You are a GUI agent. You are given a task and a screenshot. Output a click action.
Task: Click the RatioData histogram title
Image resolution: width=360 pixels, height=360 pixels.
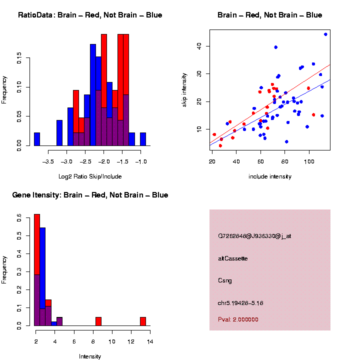pyautogui.click(x=90, y=15)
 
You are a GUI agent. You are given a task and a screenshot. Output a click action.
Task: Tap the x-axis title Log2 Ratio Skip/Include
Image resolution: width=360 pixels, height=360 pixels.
pyautogui.click(x=90, y=176)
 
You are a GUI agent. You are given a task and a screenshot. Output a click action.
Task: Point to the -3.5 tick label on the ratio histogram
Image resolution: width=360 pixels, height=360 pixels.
pyautogui.click(x=49, y=162)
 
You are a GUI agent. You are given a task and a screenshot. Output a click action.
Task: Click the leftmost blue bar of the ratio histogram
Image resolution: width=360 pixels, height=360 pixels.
pyautogui.click(x=37, y=139)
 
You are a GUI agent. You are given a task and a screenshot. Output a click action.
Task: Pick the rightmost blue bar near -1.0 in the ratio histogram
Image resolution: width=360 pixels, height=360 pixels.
pyautogui.click(x=143, y=139)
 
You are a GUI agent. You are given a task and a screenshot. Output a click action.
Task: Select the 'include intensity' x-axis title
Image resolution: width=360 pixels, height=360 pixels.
pyautogui.click(x=270, y=176)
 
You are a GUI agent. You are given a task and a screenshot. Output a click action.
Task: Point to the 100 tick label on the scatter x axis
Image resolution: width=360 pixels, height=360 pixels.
pyautogui.click(x=309, y=162)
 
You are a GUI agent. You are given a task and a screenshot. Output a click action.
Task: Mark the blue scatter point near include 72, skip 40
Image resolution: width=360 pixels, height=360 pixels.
pyautogui.click(x=275, y=47)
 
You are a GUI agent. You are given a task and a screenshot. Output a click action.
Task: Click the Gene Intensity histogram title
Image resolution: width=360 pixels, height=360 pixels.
pyautogui.click(x=90, y=194)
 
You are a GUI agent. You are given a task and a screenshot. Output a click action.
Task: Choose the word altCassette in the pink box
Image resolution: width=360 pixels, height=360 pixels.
pyautogui.click(x=233, y=258)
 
